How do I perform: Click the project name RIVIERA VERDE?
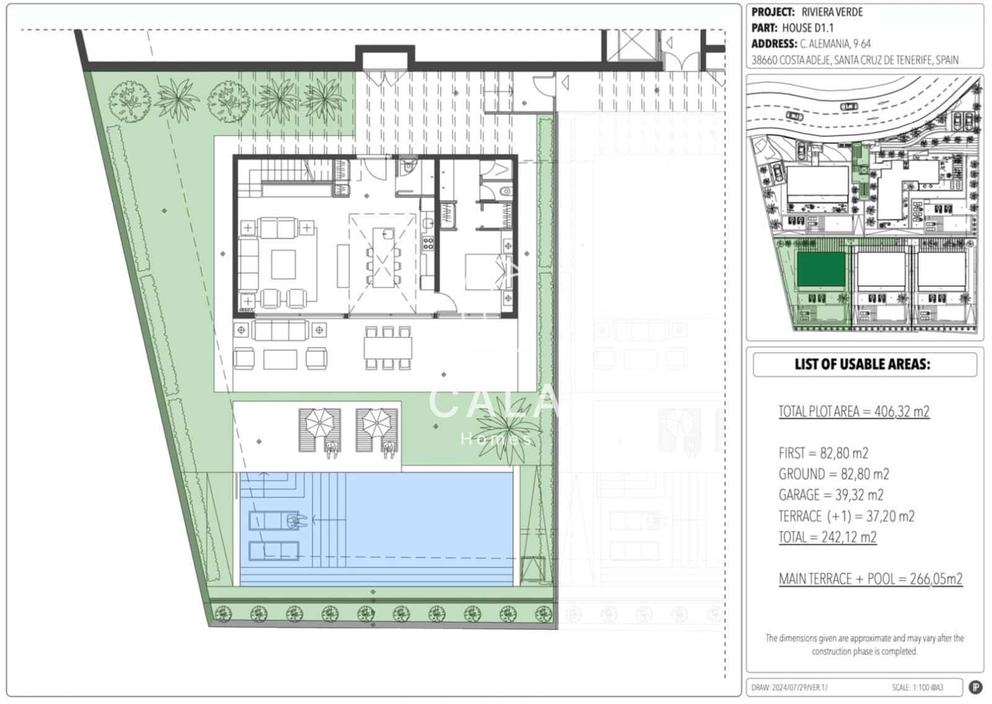tap(832, 12)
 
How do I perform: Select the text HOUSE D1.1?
tap(808, 28)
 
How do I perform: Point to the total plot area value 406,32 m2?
tap(901, 411)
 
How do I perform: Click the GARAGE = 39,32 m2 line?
tap(831, 495)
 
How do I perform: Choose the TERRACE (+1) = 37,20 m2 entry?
tap(846, 516)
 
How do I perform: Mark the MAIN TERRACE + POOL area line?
tap(870, 579)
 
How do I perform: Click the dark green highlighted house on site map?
tap(821, 269)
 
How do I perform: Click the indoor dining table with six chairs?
tap(383, 258)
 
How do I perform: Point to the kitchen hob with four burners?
tap(428, 244)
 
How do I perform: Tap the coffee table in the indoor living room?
tap(283, 265)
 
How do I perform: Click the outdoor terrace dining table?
tap(388, 348)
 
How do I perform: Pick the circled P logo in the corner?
tap(976, 687)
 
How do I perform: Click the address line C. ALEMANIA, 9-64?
tap(835, 44)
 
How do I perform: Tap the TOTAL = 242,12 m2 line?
tap(828, 537)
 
